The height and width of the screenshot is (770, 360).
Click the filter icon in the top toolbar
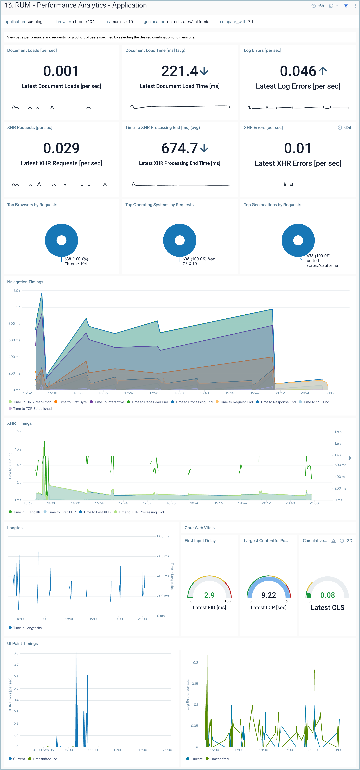click(x=346, y=6)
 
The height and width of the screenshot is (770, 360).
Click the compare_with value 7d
click(x=251, y=22)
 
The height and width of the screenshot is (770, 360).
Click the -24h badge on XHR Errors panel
click(x=345, y=128)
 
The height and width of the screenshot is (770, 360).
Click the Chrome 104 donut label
click(x=76, y=264)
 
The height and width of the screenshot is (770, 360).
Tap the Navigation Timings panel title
click(x=25, y=282)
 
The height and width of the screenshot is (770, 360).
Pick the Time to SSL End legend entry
click(x=316, y=402)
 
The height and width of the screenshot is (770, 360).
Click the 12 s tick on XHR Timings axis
click(x=18, y=432)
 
